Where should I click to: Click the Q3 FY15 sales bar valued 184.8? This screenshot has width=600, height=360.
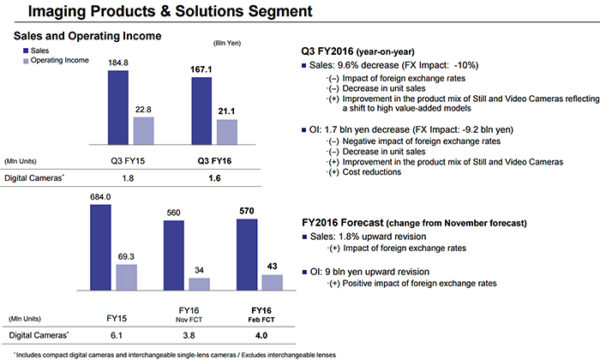tap(117, 109)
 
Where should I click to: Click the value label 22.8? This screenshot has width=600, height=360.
tap(143, 109)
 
